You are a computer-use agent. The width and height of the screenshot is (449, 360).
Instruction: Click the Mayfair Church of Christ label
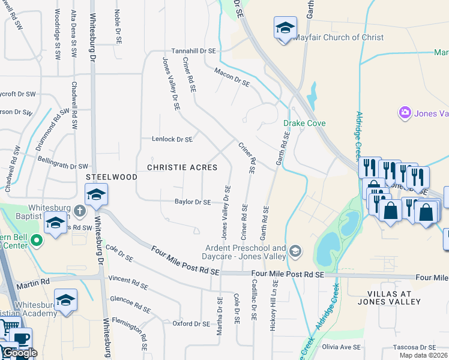(339, 37)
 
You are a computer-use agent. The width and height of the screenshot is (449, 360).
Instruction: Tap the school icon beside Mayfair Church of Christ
(285, 28)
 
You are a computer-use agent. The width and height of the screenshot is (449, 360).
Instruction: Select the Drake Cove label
(304, 124)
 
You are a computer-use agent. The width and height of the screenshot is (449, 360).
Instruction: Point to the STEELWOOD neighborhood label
(112, 178)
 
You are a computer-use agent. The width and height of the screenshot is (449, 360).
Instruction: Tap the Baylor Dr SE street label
(193, 202)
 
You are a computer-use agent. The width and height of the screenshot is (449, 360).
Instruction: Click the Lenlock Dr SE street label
(172, 139)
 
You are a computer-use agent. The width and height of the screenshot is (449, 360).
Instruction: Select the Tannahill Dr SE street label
(194, 52)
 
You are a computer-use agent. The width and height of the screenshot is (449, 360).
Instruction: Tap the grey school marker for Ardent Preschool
(295, 250)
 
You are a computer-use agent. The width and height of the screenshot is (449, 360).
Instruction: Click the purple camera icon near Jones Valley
(405, 112)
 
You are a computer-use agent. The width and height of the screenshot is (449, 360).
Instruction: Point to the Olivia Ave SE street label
(342, 347)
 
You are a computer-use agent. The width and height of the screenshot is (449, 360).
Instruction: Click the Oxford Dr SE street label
(191, 323)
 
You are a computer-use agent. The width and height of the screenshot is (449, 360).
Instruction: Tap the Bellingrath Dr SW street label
(63, 166)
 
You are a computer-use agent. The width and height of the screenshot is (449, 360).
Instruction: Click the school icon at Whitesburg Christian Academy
(65, 299)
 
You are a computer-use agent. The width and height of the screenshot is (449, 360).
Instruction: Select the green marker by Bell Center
(36, 241)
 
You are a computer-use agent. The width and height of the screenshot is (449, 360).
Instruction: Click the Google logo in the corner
(20, 353)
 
